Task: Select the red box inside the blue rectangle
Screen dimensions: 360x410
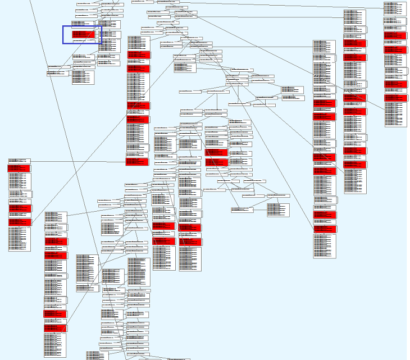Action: coord(83,35)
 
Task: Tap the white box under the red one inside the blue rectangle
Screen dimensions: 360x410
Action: coord(83,40)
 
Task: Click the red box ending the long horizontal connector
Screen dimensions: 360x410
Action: coord(138,162)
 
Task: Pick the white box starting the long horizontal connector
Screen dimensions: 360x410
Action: coord(19,161)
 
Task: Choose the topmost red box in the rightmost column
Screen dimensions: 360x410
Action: coord(395,35)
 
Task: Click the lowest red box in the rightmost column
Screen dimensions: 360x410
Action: coord(395,98)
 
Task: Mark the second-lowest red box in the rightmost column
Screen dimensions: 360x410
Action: coord(395,84)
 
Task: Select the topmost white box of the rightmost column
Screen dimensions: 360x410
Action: coord(395,8)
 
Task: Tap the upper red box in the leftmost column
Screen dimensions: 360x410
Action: coord(19,168)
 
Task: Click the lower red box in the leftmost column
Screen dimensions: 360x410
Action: coord(20,208)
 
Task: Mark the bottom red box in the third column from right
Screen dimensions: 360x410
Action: coord(325,229)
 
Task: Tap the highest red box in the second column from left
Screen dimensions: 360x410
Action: coord(56,241)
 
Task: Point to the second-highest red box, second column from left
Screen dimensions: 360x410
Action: coord(56,255)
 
